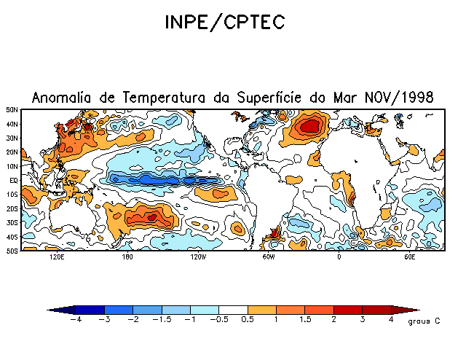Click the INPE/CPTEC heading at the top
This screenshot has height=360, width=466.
tap(224, 23)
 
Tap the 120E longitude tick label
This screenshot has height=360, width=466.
tap(56, 257)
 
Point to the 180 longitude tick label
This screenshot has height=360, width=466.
tap(127, 257)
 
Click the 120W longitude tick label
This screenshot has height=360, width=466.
tap(197, 257)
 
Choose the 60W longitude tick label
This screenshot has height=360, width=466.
tap(268, 257)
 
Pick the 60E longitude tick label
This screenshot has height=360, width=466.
tap(409, 257)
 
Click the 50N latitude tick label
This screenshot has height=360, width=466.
tap(12, 109)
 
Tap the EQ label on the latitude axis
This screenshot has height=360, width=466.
tap(14, 180)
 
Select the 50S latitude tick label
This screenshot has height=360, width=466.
tap(12, 251)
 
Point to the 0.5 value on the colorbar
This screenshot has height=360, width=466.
tap(248, 319)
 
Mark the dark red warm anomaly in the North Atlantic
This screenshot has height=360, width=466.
tap(311, 126)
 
